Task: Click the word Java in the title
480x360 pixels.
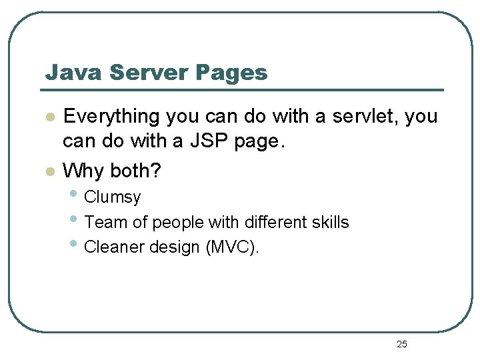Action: point(65,73)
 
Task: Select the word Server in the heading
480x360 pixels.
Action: point(133,73)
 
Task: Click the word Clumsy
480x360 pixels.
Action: point(113,197)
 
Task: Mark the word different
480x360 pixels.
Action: point(262,222)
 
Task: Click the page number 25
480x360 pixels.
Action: point(401,344)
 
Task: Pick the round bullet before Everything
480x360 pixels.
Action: point(48,117)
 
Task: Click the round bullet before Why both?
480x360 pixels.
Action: point(48,171)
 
